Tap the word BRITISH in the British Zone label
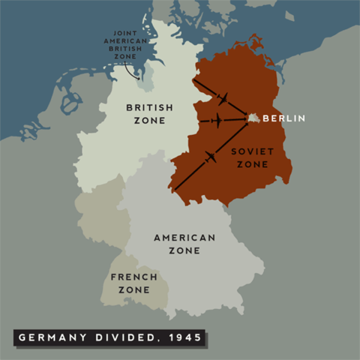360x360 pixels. pyautogui.click(x=145, y=106)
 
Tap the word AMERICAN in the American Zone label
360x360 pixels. pyautogui.click(x=184, y=238)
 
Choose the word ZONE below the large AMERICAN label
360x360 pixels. pyautogui.click(x=184, y=250)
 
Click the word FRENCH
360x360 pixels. pyautogui.click(x=133, y=277)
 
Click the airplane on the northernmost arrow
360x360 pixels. pyautogui.click(x=223, y=97)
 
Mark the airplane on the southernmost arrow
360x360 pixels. pyautogui.click(x=209, y=157)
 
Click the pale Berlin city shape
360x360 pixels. pyautogui.click(x=254, y=118)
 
